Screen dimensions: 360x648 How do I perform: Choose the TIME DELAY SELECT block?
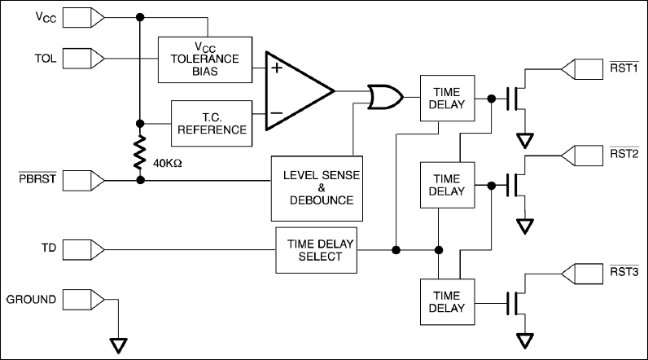point(314,250)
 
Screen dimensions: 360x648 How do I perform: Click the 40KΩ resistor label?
point(168,163)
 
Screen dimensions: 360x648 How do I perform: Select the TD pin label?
point(48,245)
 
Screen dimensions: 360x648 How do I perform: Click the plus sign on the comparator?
point(277,68)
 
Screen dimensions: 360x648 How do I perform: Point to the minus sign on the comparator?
point(277,112)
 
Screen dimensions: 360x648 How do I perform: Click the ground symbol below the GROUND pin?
point(119,345)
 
